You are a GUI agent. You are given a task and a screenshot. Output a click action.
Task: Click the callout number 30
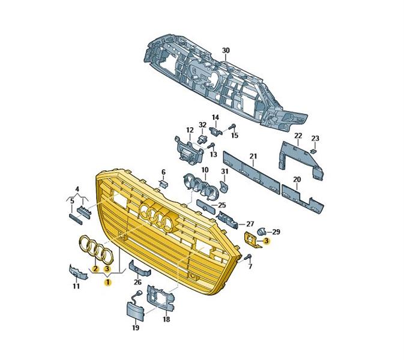(226, 50)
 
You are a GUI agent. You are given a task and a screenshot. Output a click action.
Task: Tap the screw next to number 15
(232, 127)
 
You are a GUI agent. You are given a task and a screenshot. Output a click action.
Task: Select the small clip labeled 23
(313, 151)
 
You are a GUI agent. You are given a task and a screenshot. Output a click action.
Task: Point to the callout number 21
(253, 157)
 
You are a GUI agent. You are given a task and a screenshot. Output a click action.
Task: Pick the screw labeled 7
(249, 256)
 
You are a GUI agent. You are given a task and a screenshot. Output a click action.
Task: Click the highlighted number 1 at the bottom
(108, 282)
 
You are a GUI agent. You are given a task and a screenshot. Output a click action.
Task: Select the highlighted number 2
(95, 269)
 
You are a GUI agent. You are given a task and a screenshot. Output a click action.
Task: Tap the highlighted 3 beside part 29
(267, 241)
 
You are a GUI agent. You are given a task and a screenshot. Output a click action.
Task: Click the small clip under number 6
(164, 184)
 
